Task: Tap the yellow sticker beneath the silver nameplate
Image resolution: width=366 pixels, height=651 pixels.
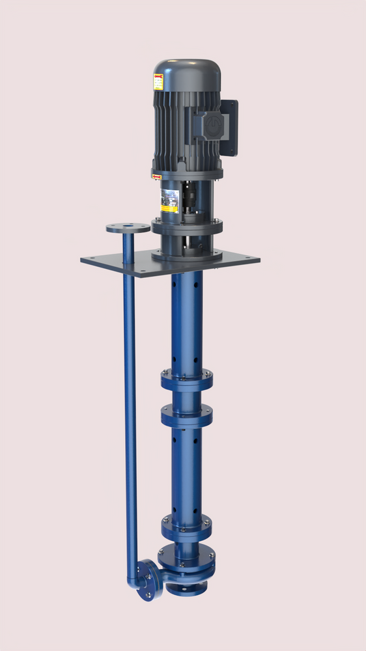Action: pos(169,209)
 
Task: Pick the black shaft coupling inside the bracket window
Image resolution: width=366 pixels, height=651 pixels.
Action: pos(189,195)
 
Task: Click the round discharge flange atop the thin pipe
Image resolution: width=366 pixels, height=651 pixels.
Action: pos(128,228)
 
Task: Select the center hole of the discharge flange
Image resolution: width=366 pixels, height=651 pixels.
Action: pos(128,227)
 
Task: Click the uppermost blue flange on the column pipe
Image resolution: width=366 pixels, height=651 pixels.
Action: pos(187,378)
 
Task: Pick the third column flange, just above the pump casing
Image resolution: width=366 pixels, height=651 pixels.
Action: pos(187,524)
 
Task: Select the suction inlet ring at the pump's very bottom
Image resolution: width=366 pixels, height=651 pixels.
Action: pos(186,589)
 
